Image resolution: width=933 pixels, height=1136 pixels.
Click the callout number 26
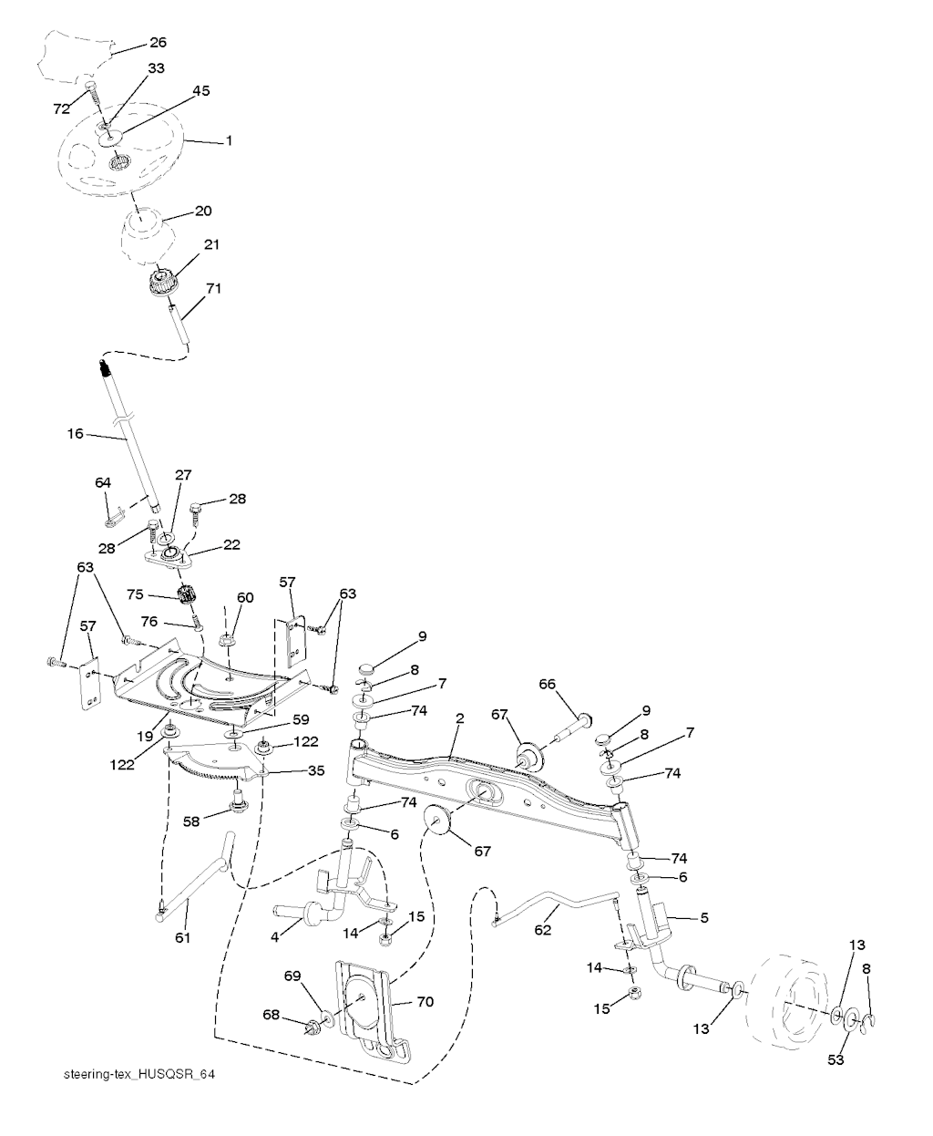click(x=158, y=42)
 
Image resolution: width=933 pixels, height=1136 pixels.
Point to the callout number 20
click(x=202, y=211)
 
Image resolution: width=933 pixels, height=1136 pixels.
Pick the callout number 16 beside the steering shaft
click(x=75, y=434)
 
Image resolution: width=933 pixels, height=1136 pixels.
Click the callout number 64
click(x=103, y=481)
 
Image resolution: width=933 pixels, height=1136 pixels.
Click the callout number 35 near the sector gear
click(x=315, y=770)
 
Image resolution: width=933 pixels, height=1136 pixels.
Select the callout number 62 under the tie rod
click(x=543, y=932)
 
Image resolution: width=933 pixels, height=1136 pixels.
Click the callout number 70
click(x=425, y=1001)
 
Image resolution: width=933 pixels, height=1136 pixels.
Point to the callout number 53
click(x=836, y=1060)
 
